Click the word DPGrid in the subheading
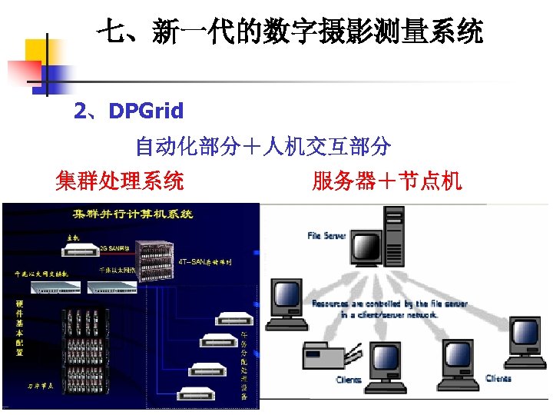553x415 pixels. click(x=146, y=111)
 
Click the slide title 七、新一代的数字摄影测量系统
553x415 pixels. click(x=290, y=32)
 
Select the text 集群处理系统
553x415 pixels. click(x=120, y=181)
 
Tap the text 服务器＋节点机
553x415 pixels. click(x=386, y=181)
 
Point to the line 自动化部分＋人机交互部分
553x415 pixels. click(x=263, y=146)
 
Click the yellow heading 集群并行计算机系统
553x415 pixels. click(x=132, y=214)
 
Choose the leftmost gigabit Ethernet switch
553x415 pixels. click(x=55, y=287)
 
